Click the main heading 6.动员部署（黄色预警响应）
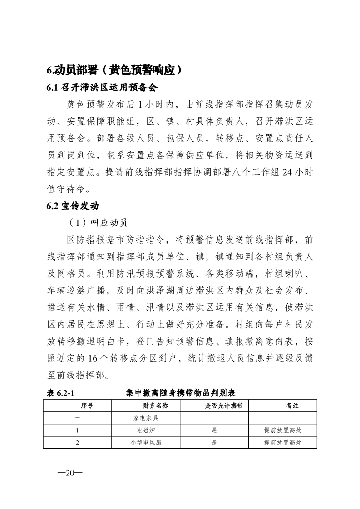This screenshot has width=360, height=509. (x=115, y=70)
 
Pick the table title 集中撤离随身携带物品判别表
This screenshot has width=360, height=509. (x=180, y=392)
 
